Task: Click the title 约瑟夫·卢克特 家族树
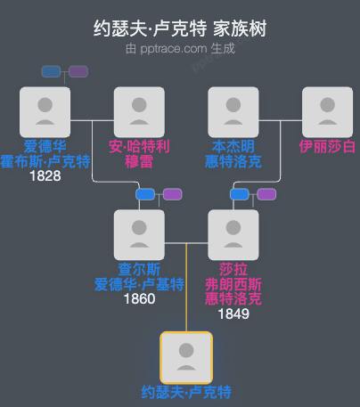coord(180,28)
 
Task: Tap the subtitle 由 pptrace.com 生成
coord(180,48)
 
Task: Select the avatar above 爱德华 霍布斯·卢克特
coord(45,111)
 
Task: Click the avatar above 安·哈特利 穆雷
coord(139,111)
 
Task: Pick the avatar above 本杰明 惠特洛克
coord(233,111)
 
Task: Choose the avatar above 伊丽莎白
coord(327,111)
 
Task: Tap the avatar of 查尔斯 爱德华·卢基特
coord(139,234)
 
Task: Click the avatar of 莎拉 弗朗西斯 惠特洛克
coord(233,234)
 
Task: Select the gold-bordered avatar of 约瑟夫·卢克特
coord(186,357)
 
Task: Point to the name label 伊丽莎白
coord(327,145)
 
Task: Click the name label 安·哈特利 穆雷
coord(139,153)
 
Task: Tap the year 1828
coord(45,175)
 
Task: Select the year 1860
coord(139,298)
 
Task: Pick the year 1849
coord(233,313)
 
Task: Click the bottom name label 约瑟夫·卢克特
coord(186,392)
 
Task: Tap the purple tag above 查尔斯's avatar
coord(172,194)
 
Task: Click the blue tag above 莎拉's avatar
coord(239,194)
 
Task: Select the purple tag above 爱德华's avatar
coord(78,71)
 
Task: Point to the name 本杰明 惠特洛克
coord(233,153)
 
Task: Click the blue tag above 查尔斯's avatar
coord(145,194)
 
